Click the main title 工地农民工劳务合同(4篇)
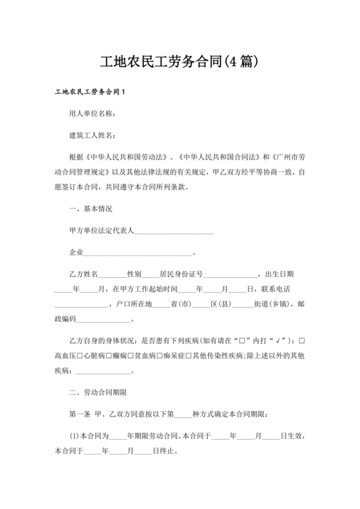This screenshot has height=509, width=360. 180,62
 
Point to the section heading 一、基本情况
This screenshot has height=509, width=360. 91,208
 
